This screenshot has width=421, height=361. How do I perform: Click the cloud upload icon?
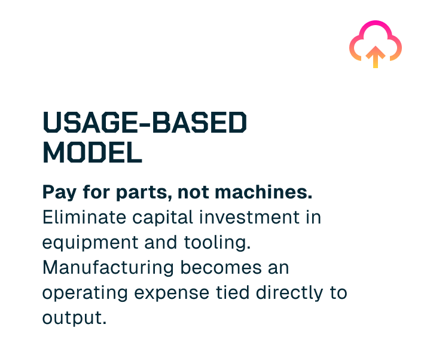pyautogui.click(x=375, y=43)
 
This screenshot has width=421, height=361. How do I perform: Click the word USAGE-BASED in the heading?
pyautogui.click(x=145, y=124)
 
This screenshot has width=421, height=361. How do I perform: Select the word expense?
pyautogui.click(x=173, y=293)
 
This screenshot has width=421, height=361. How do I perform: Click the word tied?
pyautogui.click(x=236, y=293)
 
